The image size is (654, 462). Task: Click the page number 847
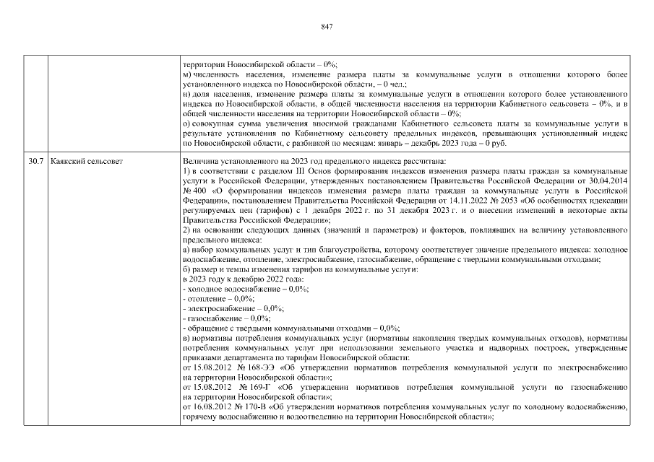tap(326, 26)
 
